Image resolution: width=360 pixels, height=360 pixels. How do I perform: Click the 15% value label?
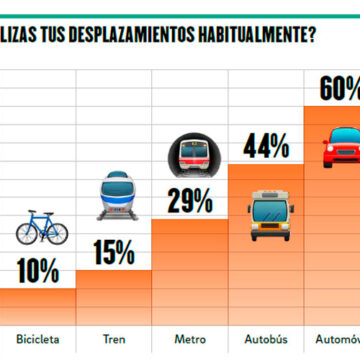click(x=115, y=251)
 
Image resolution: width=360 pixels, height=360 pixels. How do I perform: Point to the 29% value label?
click(x=189, y=200)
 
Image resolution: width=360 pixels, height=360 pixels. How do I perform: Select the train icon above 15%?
click(x=115, y=195)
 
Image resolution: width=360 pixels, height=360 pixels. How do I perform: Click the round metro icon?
click(x=190, y=155)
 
